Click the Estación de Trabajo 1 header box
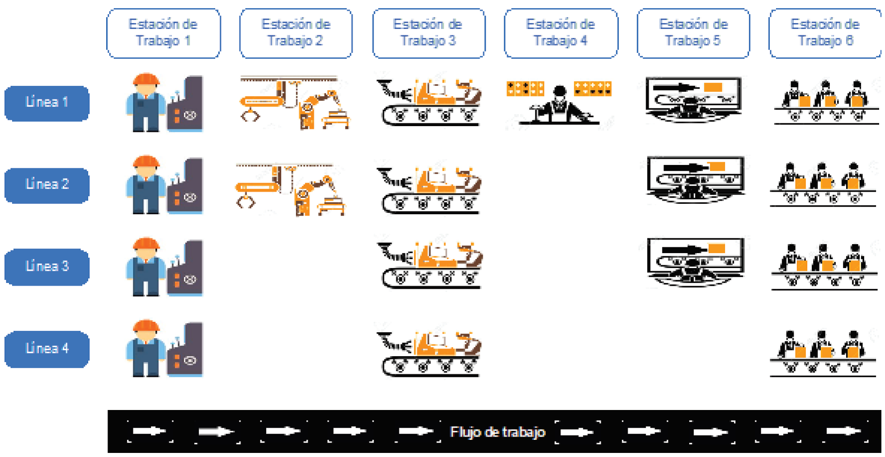point(164,33)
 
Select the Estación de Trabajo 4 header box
point(561,33)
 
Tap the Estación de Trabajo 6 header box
point(825,33)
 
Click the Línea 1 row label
point(47,103)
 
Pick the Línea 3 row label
point(47,267)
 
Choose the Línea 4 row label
point(47,349)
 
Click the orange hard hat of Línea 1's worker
point(146,80)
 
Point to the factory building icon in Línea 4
point(185,349)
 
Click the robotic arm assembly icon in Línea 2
point(290,190)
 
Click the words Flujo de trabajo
point(497,432)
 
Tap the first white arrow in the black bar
point(150,431)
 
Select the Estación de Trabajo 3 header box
point(429,33)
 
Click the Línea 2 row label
point(47,185)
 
